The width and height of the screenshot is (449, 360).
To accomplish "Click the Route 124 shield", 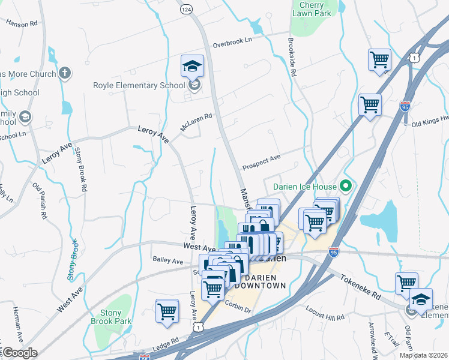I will tap(187, 10).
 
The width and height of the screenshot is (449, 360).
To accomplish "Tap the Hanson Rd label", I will tap(22, 23).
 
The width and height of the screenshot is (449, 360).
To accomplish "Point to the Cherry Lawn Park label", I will tap(311, 8).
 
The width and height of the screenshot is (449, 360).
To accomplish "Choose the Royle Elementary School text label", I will tap(139, 85).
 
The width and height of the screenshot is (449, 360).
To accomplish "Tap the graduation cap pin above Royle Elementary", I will tap(192, 66).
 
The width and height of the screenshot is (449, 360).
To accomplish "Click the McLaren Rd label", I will tap(197, 123).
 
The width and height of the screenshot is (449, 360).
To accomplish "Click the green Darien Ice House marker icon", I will tap(345, 185).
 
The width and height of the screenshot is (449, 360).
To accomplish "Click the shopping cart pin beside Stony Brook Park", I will tap(167, 311).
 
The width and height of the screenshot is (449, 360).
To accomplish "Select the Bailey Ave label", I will tap(168, 262).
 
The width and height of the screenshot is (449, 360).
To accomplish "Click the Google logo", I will tap(19, 353).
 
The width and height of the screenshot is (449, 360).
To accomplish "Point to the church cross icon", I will tap(65, 74).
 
